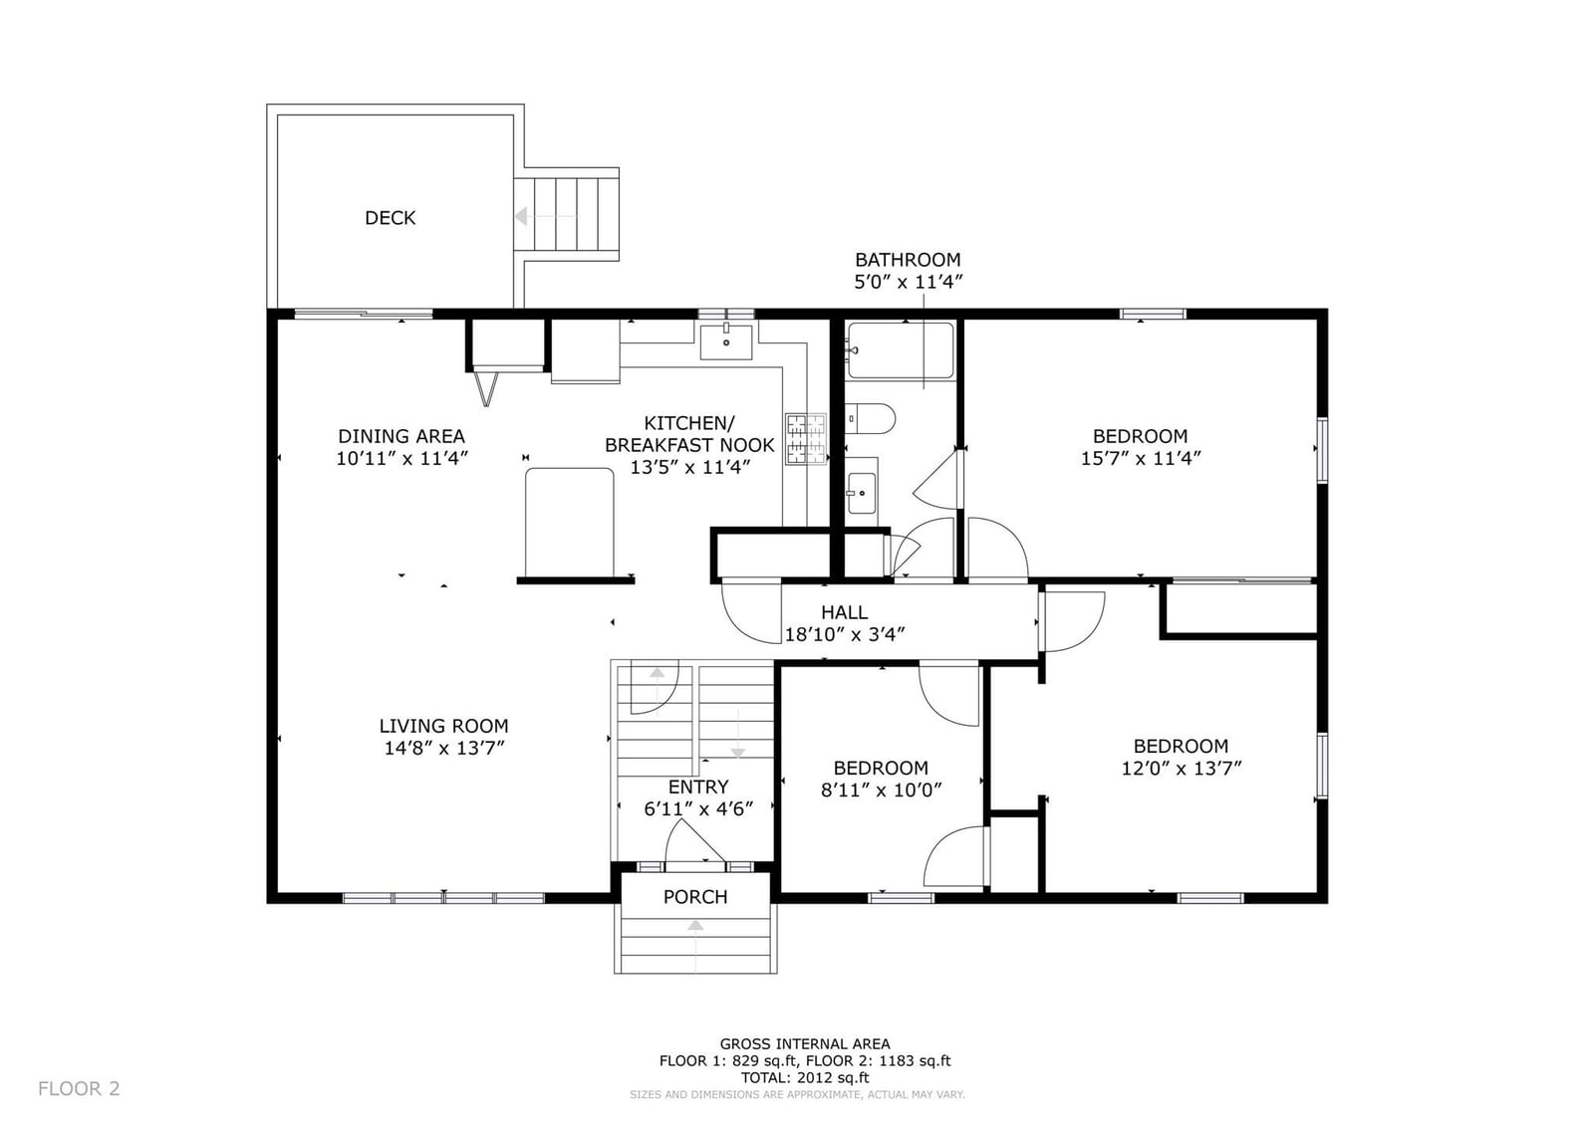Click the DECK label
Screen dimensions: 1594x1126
tap(390, 218)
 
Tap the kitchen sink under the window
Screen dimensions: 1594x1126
tap(726, 341)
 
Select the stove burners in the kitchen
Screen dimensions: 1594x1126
tap(806, 439)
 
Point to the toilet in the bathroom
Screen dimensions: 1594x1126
tap(870, 418)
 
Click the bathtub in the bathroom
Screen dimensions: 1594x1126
tap(901, 350)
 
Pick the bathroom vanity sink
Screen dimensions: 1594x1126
tap(862, 491)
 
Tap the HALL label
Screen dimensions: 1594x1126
tap(844, 612)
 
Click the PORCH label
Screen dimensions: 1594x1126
tap(695, 897)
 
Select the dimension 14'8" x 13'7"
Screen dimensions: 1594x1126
tap(444, 748)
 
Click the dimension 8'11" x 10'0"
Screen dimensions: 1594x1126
tap(881, 789)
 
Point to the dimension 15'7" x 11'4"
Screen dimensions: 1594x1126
tap(1140, 458)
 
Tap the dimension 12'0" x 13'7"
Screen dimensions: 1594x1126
tap(1181, 769)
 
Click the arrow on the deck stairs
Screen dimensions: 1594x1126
tap(546, 215)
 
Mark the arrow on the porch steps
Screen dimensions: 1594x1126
tap(695, 946)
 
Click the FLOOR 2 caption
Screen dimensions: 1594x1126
tap(79, 1088)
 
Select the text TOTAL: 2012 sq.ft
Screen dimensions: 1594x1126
tap(805, 1077)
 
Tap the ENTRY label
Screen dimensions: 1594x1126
tap(698, 787)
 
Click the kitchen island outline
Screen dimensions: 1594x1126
tap(569, 523)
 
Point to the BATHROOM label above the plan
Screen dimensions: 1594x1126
tap(908, 260)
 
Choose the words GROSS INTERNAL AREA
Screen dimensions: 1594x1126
tap(805, 1044)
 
